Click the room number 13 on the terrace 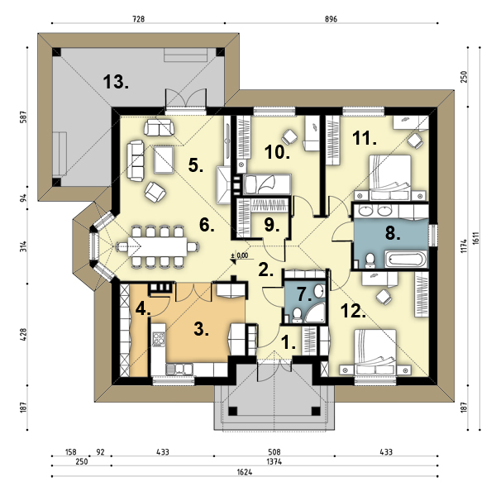116,82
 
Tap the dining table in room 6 158,246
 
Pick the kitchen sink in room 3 179,369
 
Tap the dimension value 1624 245,472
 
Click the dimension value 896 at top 331,19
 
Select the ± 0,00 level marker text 240,255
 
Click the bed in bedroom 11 390,177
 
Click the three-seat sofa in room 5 136,161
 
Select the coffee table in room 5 164,160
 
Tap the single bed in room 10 268,184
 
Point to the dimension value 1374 274,462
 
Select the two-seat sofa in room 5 159,127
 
